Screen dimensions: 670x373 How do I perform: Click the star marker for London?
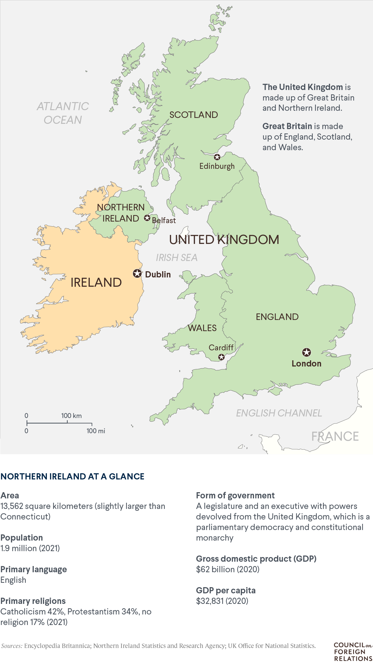pos(307,352)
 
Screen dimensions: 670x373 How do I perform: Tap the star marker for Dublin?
pos(137,273)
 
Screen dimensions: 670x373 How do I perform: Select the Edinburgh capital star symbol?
pos(217,157)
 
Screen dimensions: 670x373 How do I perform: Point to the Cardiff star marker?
pos(221,357)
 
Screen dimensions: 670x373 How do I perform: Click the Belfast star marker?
pos(147,218)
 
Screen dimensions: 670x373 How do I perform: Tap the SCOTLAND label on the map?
pos(193,115)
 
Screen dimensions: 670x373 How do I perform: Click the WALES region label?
pos(202,328)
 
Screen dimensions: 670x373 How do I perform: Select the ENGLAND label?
pos(277,317)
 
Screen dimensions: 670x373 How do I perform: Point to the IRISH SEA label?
pos(176,258)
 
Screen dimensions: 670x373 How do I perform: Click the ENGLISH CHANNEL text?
pos(279,413)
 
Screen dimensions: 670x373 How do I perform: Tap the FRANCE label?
pos(335,436)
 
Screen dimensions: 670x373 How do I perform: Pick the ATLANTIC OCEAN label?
pos(63,113)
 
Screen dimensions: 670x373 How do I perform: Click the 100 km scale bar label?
pos(71,416)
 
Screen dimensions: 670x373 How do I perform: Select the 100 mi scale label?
pos(96,431)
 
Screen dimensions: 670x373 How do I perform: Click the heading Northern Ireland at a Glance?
pos(72,476)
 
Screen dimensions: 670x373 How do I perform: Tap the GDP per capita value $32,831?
pos(222,601)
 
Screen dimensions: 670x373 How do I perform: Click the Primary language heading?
pos(34,569)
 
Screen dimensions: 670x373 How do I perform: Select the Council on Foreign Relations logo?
pos(353,652)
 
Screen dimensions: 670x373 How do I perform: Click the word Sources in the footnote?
pos(12,645)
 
